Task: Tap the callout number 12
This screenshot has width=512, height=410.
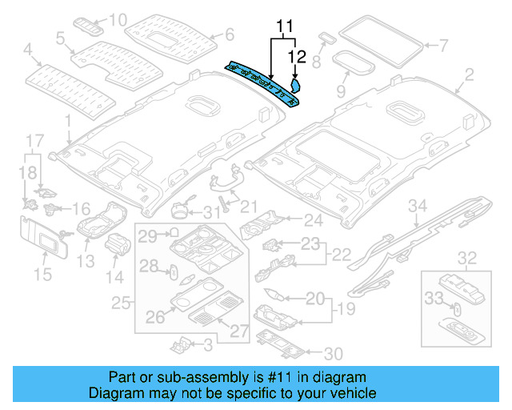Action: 297,56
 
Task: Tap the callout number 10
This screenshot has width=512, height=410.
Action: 118,19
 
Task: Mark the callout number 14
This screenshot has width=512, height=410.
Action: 116,276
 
